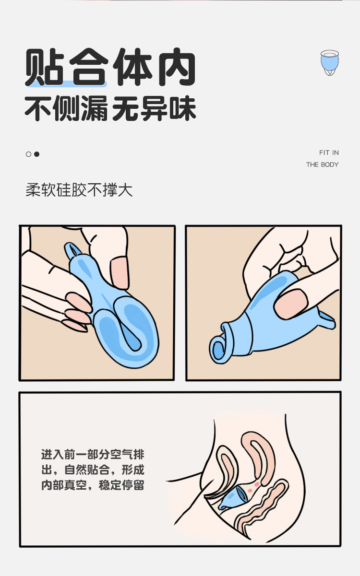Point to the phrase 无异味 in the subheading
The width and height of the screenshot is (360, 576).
(154, 110)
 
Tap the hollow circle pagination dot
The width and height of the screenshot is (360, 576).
(28, 154)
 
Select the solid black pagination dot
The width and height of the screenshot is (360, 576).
(36, 154)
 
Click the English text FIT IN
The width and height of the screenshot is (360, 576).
(329, 153)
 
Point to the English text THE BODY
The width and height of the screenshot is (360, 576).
(323, 165)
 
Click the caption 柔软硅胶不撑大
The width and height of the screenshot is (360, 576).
(79, 190)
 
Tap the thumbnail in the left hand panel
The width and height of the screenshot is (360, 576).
(119, 271)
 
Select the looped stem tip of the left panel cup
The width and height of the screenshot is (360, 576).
(72, 250)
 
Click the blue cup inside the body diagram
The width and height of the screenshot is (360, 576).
(234, 496)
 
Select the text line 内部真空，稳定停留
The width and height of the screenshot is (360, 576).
(92, 485)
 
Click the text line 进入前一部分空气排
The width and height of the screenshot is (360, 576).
(92, 454)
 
